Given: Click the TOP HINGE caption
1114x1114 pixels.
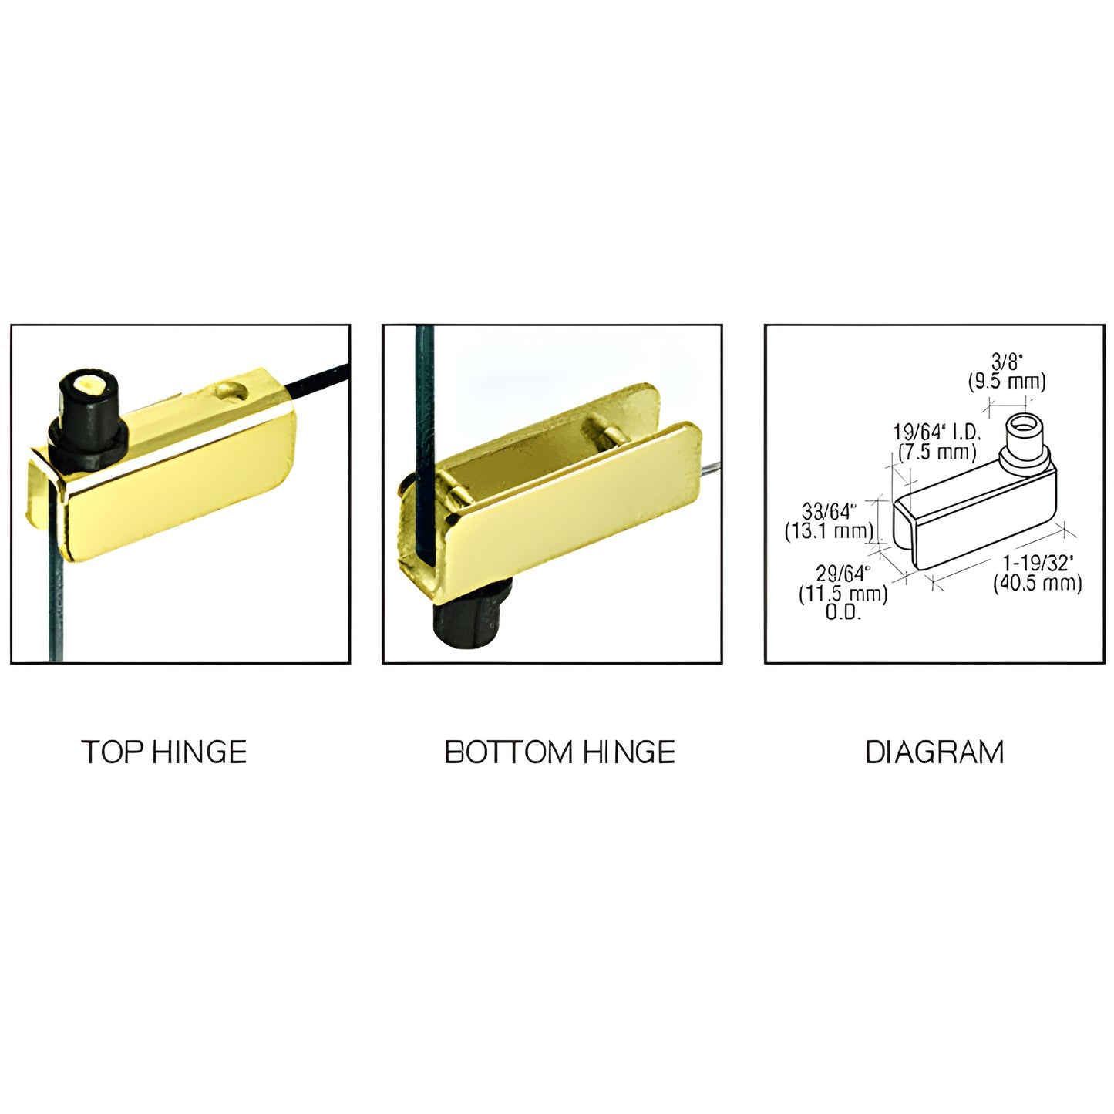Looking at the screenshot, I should pos(163,752).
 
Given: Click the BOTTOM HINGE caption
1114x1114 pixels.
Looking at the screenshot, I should pos(560,752).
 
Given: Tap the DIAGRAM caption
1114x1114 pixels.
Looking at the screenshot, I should pos(934,752).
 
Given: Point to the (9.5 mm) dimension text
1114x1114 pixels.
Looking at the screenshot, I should pos(1007,381).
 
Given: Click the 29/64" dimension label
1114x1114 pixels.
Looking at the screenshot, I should pos(843,574).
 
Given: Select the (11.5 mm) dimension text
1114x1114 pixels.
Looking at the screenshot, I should pos(843,594).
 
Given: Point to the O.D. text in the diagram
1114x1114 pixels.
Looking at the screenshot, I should pos(843,613).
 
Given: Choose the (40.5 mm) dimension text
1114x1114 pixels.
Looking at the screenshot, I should pos(1038,584).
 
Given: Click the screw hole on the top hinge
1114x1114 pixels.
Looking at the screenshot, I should pos(231,390).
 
